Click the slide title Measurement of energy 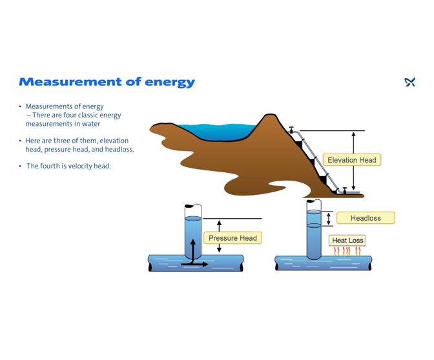tap(107, 82)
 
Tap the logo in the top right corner tap(409, 82)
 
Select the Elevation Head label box tap(351, 160)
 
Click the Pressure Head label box tap(232, 238)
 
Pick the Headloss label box tap(366, 218)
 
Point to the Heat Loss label tap(347, 241)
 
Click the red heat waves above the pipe tap(347, 251)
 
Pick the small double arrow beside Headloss tap(329, 219)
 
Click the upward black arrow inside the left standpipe tap(192, 248)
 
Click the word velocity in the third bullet tap(87, 166)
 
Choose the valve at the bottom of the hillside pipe tap(344, 190)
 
